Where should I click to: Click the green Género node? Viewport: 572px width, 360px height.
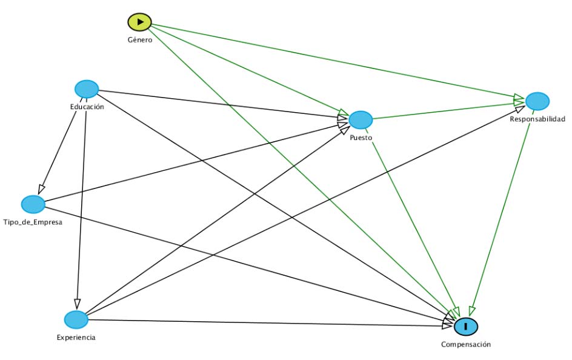139,22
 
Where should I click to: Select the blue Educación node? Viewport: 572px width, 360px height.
87,89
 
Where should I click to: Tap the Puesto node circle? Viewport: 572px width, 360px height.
360,120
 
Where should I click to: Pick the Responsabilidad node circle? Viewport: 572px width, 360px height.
537,101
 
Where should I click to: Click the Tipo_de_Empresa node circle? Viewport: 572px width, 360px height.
33,204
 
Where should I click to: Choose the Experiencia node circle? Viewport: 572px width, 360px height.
76,319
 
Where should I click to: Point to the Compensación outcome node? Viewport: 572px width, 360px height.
466,326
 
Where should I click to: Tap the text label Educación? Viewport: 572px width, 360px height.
87,107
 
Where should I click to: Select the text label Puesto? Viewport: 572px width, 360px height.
361,138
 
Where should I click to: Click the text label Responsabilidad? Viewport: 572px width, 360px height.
537,119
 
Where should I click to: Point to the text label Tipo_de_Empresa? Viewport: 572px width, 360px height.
33,222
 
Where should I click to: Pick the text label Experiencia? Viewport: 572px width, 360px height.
77,338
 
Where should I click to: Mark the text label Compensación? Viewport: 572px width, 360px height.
465,344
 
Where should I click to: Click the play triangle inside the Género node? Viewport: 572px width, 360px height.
140,22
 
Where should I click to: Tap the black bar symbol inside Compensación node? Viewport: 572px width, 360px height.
466,326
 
